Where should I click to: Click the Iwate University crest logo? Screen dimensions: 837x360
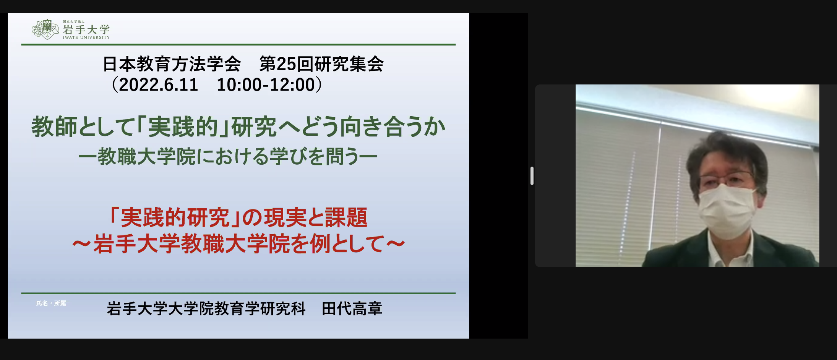pyautogui.click(x=45, y=29)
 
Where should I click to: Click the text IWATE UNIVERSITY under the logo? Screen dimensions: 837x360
pyautogui.click(x=86, y=37)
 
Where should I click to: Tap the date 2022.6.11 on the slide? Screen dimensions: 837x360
pyautogui.click(x=159, y=84)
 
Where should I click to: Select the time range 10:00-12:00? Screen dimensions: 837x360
pyautogui.click(x=266, y=84)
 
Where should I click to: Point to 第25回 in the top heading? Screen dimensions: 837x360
pyautogui.click(x=286, y=64)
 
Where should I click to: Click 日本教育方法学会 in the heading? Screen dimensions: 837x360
pyautogui.click(x=172, y=64)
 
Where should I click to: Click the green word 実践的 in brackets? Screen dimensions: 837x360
pyautogui.click(x=183, y=127)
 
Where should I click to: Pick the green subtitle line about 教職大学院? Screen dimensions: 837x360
pyautogui.click(x=228, y=156)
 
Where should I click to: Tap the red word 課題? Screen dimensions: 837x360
pyautogui.click(x=346, y=217)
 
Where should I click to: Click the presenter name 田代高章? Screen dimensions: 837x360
pyautogui.click(x=352, y=308)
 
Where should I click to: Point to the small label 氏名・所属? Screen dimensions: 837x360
pyautogui.click(x=51, y=303)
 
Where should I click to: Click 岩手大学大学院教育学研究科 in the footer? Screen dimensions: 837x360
pyautogui.click(x=206, y=308)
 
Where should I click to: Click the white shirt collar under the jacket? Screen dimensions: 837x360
pyautogui.click(x=728, y=250)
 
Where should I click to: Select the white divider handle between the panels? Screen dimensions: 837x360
pyautogui.click(x=532, y=176)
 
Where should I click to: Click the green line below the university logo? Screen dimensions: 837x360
pyautogui.click(x=238, y=45)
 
